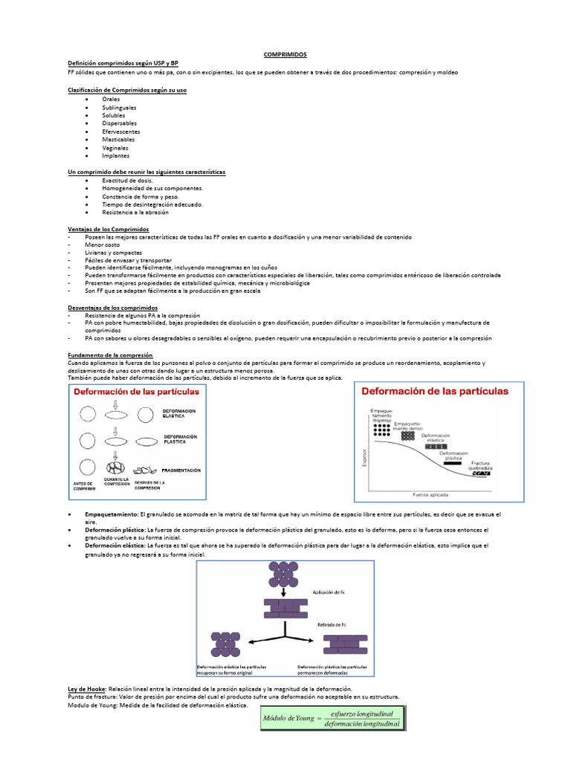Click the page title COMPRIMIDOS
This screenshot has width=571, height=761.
(285, 54)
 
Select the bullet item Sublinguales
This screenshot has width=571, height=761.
(120, 107)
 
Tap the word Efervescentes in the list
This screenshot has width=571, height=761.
(121, 132)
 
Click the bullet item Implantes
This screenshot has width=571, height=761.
(116, 155)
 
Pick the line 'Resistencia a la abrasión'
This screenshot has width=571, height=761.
(135, 212)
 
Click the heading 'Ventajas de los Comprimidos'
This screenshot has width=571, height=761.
(109, 229)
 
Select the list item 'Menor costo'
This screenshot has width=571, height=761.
(101, 245)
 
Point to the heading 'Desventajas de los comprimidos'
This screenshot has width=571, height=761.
(113, 308)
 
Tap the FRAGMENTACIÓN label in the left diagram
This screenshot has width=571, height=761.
(181, 470)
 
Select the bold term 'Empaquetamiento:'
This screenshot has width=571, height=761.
(112, 514)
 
